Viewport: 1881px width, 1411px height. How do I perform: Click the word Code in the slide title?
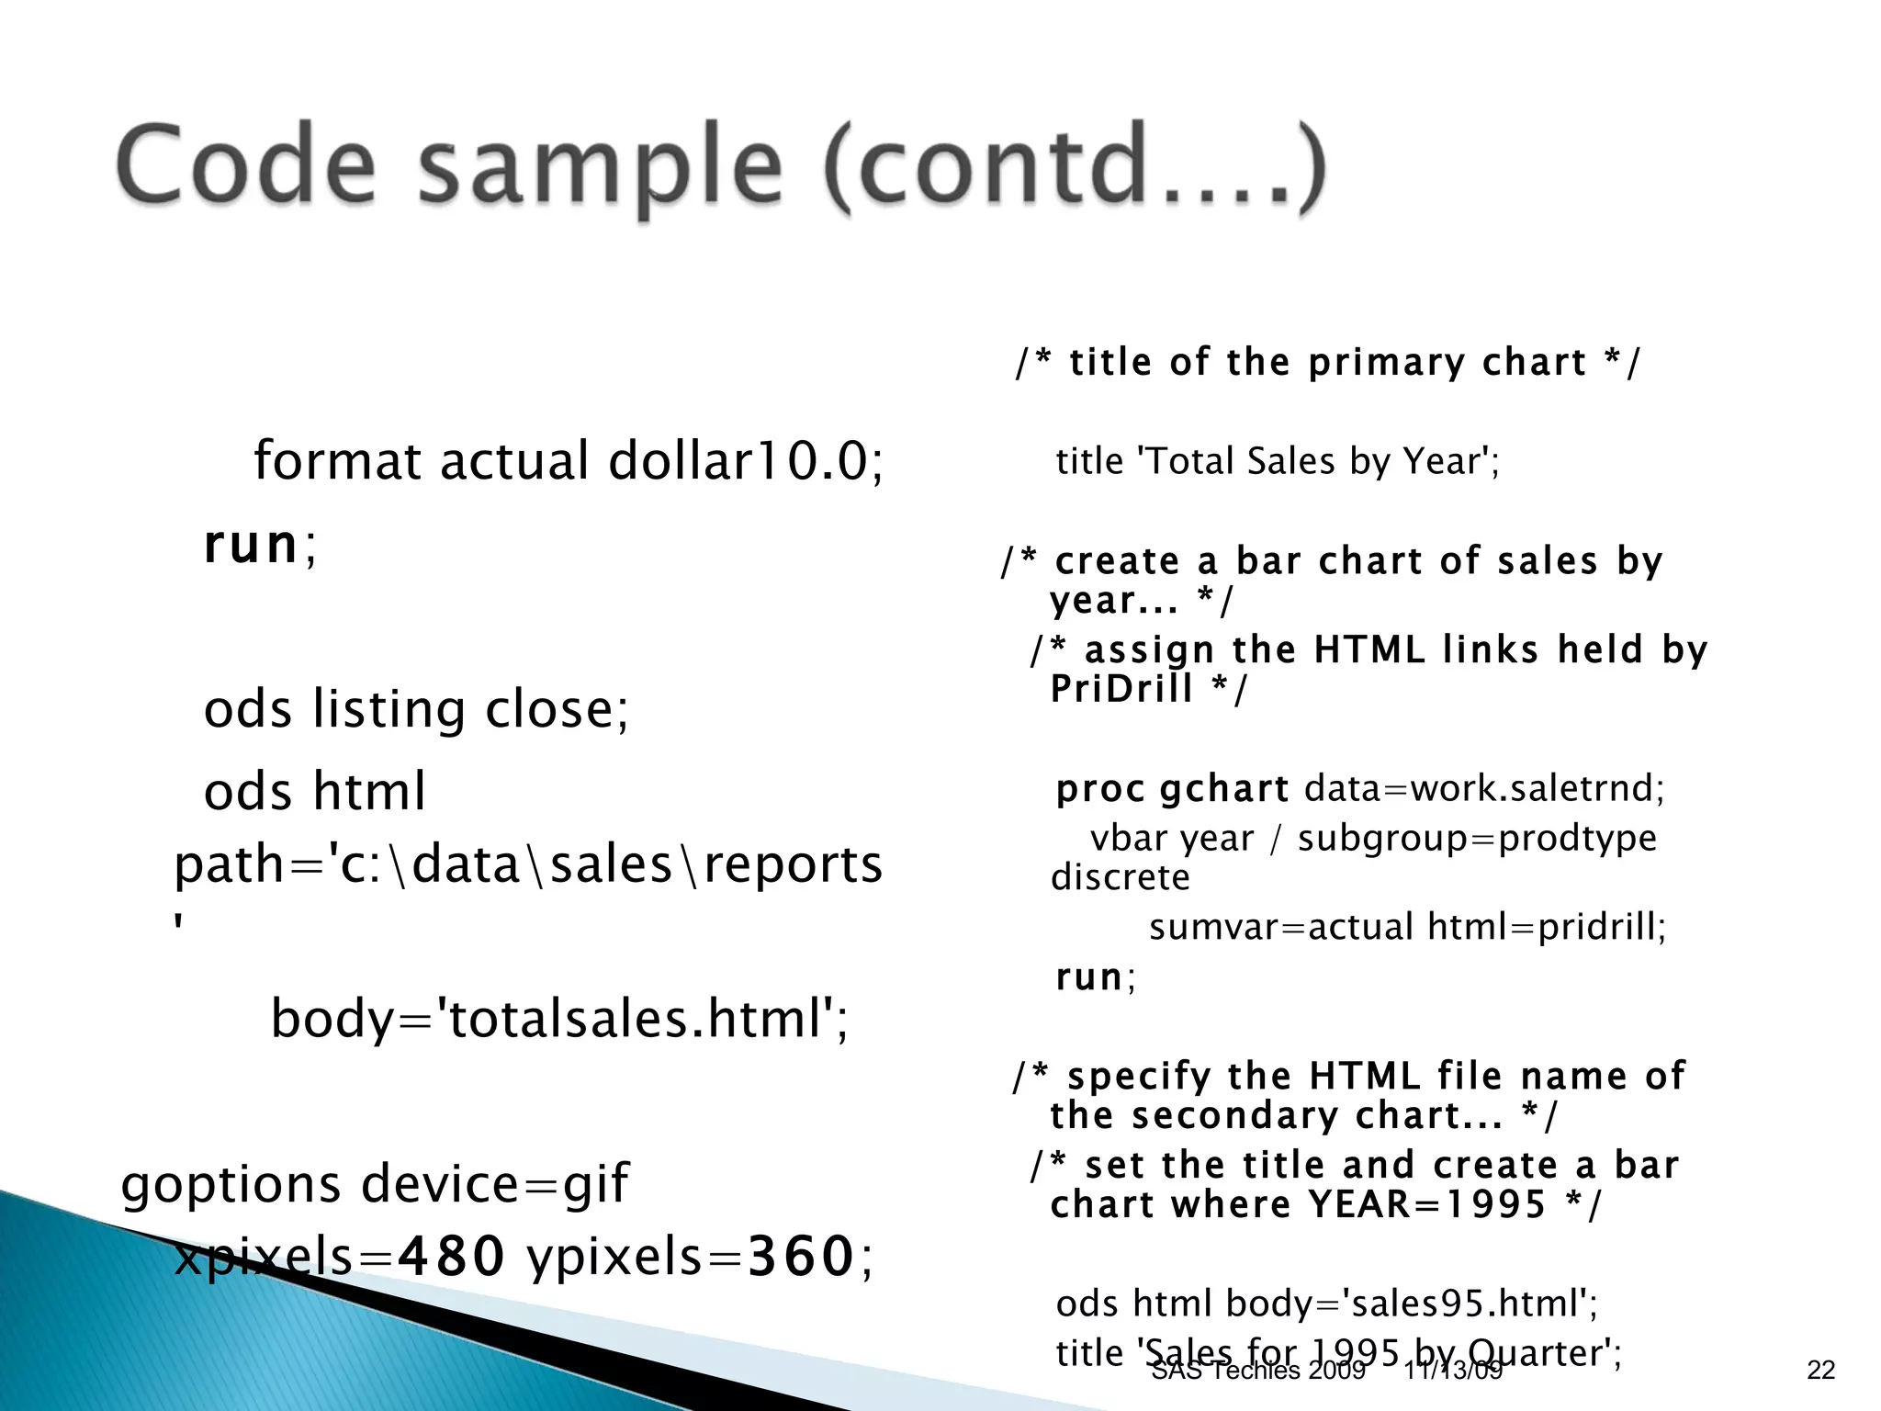pyautogui.click(x=246, y=167)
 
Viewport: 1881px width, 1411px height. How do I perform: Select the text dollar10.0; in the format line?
pyautogui.click(x=746, y=460)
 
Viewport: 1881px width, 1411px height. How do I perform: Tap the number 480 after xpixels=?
pyautogui.click(x=450, y=1256)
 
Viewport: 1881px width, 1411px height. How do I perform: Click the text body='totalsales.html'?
pyautogui.click(x=560, y=1019)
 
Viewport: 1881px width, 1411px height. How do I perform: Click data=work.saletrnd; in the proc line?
pyautogui.click(x=1484, y=788)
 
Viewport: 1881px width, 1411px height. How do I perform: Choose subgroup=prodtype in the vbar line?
pyautogui.click(x=1477, y=838)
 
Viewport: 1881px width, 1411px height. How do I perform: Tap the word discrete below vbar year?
pyautogui.click(x=1120, y=877)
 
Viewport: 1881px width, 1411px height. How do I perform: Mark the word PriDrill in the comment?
pyautogui.click(x=1121, y=688)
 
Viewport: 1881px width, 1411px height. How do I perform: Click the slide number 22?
pyautogui.click(x=1820, y=1370)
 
